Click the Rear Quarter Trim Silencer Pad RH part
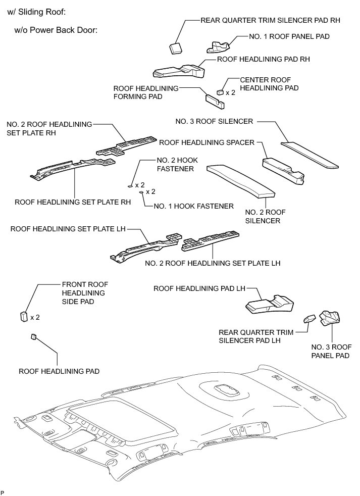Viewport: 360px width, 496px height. coord(175,47)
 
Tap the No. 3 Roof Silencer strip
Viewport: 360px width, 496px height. coord(309,154)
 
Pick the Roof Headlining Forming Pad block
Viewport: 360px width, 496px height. coord(215,100)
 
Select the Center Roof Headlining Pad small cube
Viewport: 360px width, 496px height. coord(220,92)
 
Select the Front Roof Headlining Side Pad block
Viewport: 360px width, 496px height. coord(23,316)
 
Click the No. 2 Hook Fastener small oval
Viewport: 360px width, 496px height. coord(130,186)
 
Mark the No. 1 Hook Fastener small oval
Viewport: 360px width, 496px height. coord(141,192)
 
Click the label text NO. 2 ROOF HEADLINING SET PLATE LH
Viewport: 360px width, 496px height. coord(212,263)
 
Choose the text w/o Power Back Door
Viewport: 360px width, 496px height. coord(56,30)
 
